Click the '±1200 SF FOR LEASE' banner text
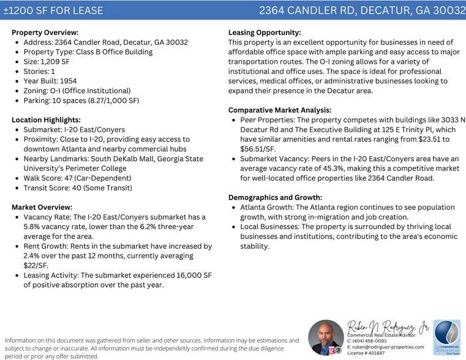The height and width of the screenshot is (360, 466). click(53, 10)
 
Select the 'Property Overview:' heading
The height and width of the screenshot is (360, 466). click(45, 32)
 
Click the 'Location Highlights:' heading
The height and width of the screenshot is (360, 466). click(46, 120)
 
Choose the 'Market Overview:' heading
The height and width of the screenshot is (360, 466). click(42, 207)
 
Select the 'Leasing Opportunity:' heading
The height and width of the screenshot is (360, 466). click(264, 32)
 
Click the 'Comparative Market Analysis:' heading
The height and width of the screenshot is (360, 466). click(280, 110)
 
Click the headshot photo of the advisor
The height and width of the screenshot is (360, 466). click(326, 338)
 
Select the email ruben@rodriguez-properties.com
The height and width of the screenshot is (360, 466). click(388, 347)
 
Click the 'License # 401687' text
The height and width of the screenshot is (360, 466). click(366, 353)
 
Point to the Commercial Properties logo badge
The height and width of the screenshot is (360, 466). click(446, 337)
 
